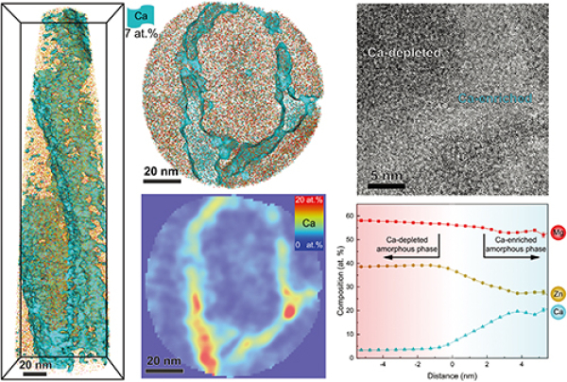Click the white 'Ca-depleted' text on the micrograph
tap(404, 54)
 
